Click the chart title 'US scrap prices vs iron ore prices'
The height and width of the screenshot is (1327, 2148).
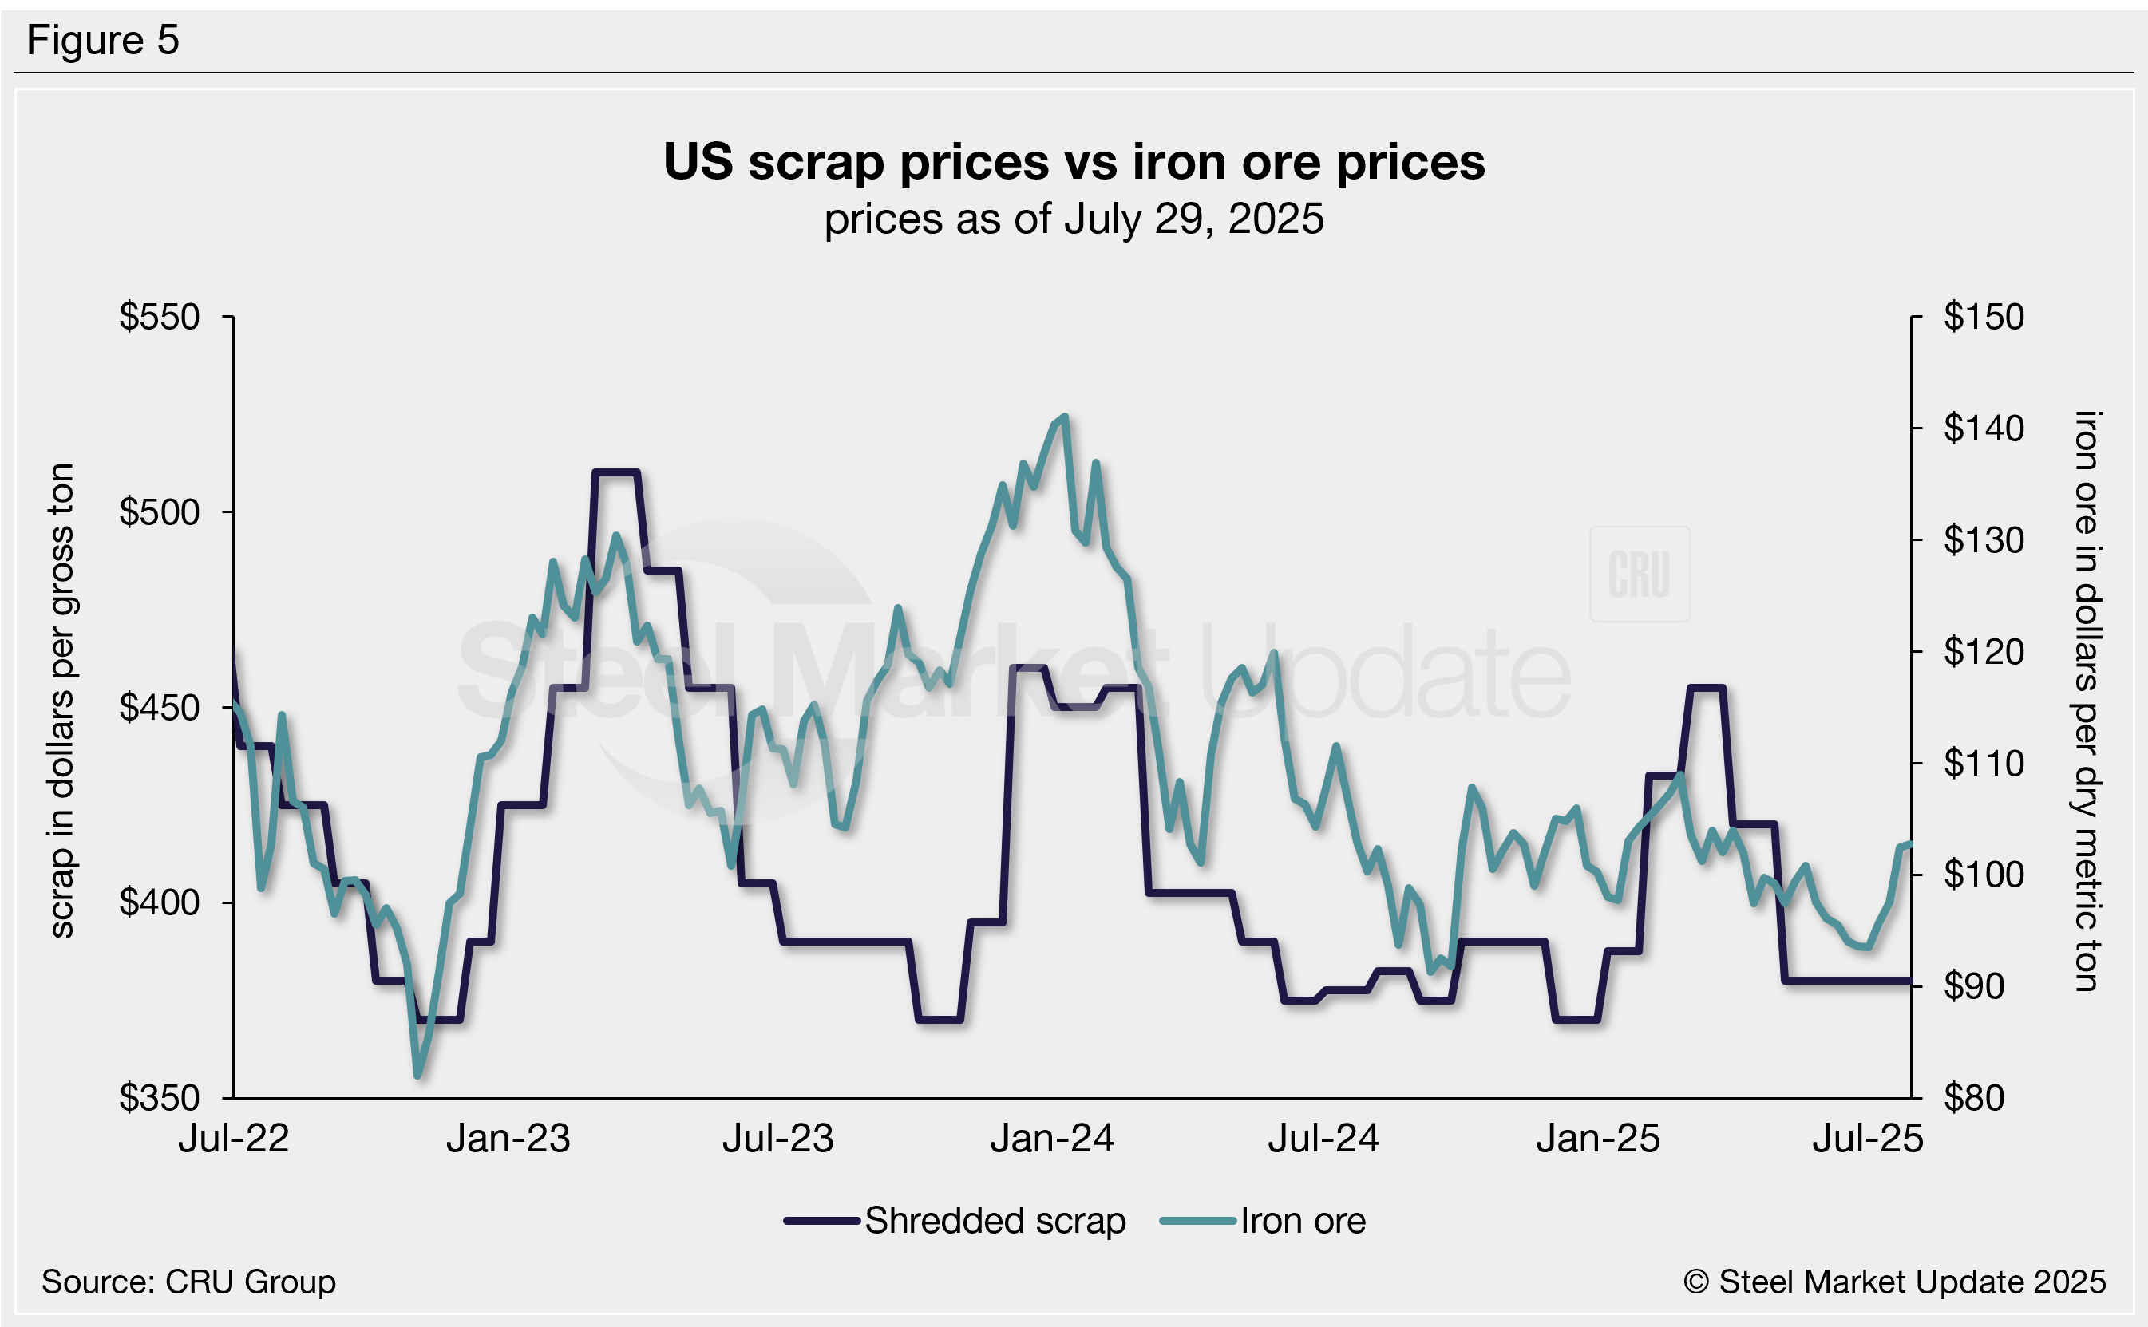click(x=1074, y=162)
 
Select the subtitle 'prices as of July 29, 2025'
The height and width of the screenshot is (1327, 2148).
click(x=1074, y=219)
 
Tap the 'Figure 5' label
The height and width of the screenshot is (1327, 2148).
click(x=103, y=41)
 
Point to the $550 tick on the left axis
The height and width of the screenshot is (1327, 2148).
click(x=160, y=317)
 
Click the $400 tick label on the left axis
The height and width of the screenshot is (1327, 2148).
click(x=160, y=902)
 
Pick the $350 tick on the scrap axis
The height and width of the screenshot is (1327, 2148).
click(x=160, y=1098)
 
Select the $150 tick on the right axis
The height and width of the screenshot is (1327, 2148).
click(x=1983, y=317)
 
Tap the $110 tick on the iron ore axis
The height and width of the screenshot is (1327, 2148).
click(x=1983, y=764)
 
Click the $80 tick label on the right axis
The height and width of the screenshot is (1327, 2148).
click(x=1973, y=1098)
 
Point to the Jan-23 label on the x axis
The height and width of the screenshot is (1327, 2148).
click(x=508, y=1139)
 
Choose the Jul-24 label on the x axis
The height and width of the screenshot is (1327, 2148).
click(x=1323, y=1139)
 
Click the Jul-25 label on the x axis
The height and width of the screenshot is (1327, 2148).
click(x=1867, y=1139)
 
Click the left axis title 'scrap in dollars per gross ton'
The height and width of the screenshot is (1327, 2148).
click(x=61, y=701)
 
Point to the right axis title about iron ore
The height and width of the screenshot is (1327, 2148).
click(x=2086, y=701)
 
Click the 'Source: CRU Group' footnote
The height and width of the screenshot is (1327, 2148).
click(x=188, y=1282)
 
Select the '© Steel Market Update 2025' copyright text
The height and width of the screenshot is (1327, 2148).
click(x=1894, y=1282)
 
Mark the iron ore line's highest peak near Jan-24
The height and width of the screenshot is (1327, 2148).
click(x=1065, y=416)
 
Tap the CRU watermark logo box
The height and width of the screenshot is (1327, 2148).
click(x=1639, y=574)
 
